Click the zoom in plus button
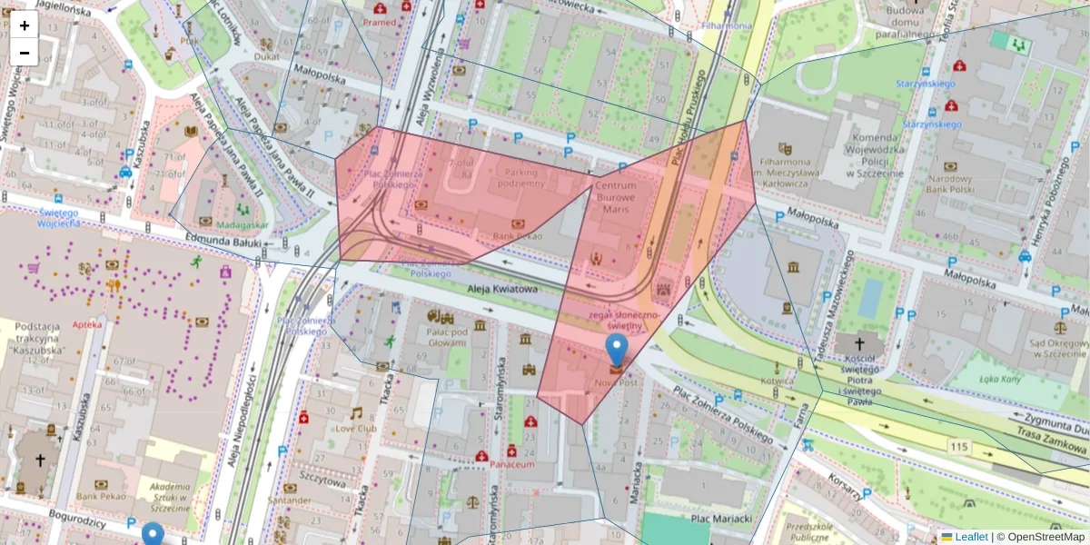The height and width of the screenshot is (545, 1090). click(25, 25)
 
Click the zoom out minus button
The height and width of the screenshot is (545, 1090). click(25, 53)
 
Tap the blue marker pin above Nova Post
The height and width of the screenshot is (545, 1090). click(617, 350)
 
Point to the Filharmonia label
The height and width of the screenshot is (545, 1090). click(726, 26)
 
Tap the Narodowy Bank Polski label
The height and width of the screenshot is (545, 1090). click(949, 185)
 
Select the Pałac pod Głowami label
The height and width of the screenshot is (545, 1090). click(447, 337)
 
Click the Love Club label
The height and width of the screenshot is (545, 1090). click(356, 428)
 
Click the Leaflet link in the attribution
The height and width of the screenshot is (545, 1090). click(970, 537)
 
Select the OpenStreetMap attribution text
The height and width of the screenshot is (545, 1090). click(1045, 537)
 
